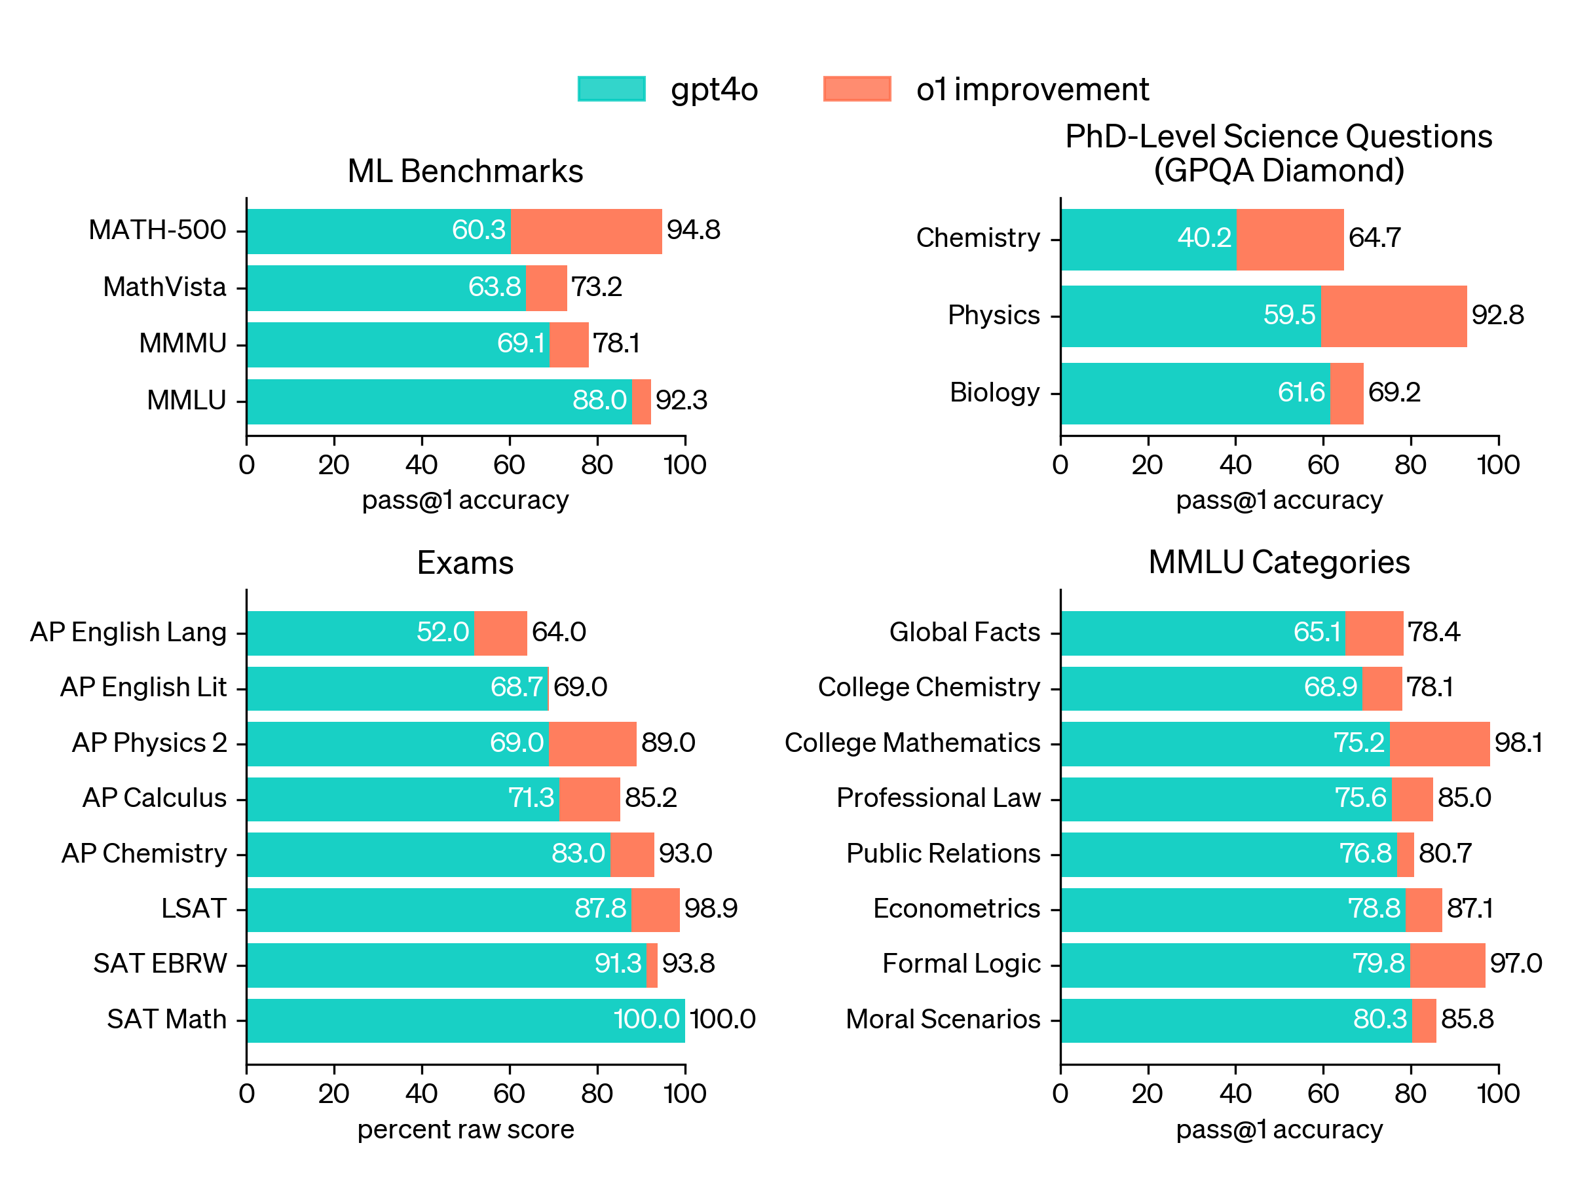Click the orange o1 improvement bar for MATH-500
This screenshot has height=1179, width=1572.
[586, 231]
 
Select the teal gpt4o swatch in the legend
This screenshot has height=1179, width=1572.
[611, 89]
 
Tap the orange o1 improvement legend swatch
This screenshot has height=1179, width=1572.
[857, 89]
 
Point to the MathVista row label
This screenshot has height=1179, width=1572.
[164, 287]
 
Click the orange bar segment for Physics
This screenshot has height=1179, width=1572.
[1394, 316]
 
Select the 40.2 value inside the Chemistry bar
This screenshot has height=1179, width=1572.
[1204, 237]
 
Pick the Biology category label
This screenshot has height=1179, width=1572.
[995, 392]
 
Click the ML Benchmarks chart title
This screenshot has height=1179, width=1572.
[466, 171]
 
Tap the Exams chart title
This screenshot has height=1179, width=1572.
[466, 563]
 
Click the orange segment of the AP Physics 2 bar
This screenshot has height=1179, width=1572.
[593, 744]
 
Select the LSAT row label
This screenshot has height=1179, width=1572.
[193, 908]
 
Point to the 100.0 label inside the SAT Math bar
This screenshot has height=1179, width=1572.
[646, 1019]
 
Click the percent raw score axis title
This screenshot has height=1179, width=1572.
[466, 1129]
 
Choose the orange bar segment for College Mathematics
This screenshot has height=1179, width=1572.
[1440, 744]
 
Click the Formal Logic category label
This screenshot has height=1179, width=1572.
[962, 964]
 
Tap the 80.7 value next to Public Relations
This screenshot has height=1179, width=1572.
[1445, 853]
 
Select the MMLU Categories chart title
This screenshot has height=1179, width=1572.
[1279, 562]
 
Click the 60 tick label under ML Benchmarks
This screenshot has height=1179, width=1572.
[510, 465]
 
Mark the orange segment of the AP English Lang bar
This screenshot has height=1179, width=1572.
[501, 633]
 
